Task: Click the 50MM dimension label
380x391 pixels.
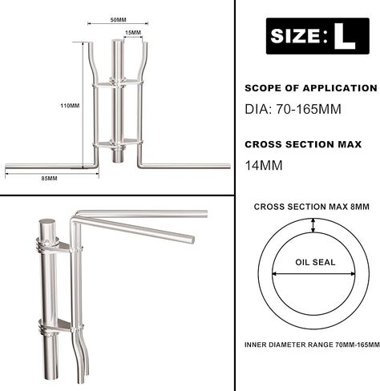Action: pyautogui.click(x=118, y=20)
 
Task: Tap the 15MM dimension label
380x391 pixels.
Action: pyautogui.click(x=133, y=33)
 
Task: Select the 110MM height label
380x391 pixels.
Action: pyautogui.click(x=70, y=106)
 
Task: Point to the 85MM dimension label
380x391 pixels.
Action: pyautogui.click(x=49, y=179)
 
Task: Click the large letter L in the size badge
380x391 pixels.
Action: pyautogui.click(x=345, y=36)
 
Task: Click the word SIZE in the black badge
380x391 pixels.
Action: pyautogui.click(x=295, y=36)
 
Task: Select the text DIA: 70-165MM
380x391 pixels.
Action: pyautogui.click(x=293, y=109)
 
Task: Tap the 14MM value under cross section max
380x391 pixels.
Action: pyautogui.click(x=264, y=165)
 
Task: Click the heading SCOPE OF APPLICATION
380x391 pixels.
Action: pyautogui.click(x=311, y=88)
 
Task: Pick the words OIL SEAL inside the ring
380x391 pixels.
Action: pyautogui.click(x=315, y=262)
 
